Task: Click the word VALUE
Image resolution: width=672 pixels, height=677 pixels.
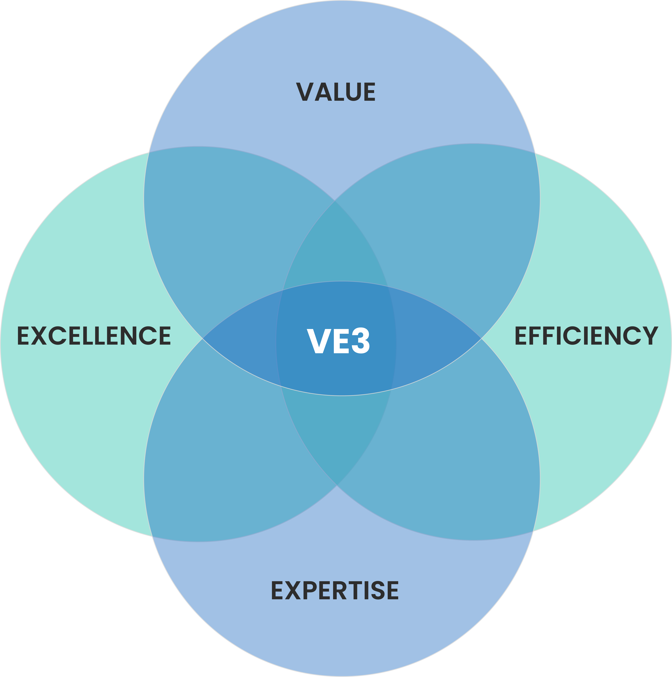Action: click(336, 92)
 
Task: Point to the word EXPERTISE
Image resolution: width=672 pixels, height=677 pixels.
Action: click(335, 590)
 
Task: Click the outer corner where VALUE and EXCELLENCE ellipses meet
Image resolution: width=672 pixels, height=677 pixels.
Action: click(149, 152)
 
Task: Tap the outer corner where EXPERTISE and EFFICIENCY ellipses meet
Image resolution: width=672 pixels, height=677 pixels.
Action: click(533, 531)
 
